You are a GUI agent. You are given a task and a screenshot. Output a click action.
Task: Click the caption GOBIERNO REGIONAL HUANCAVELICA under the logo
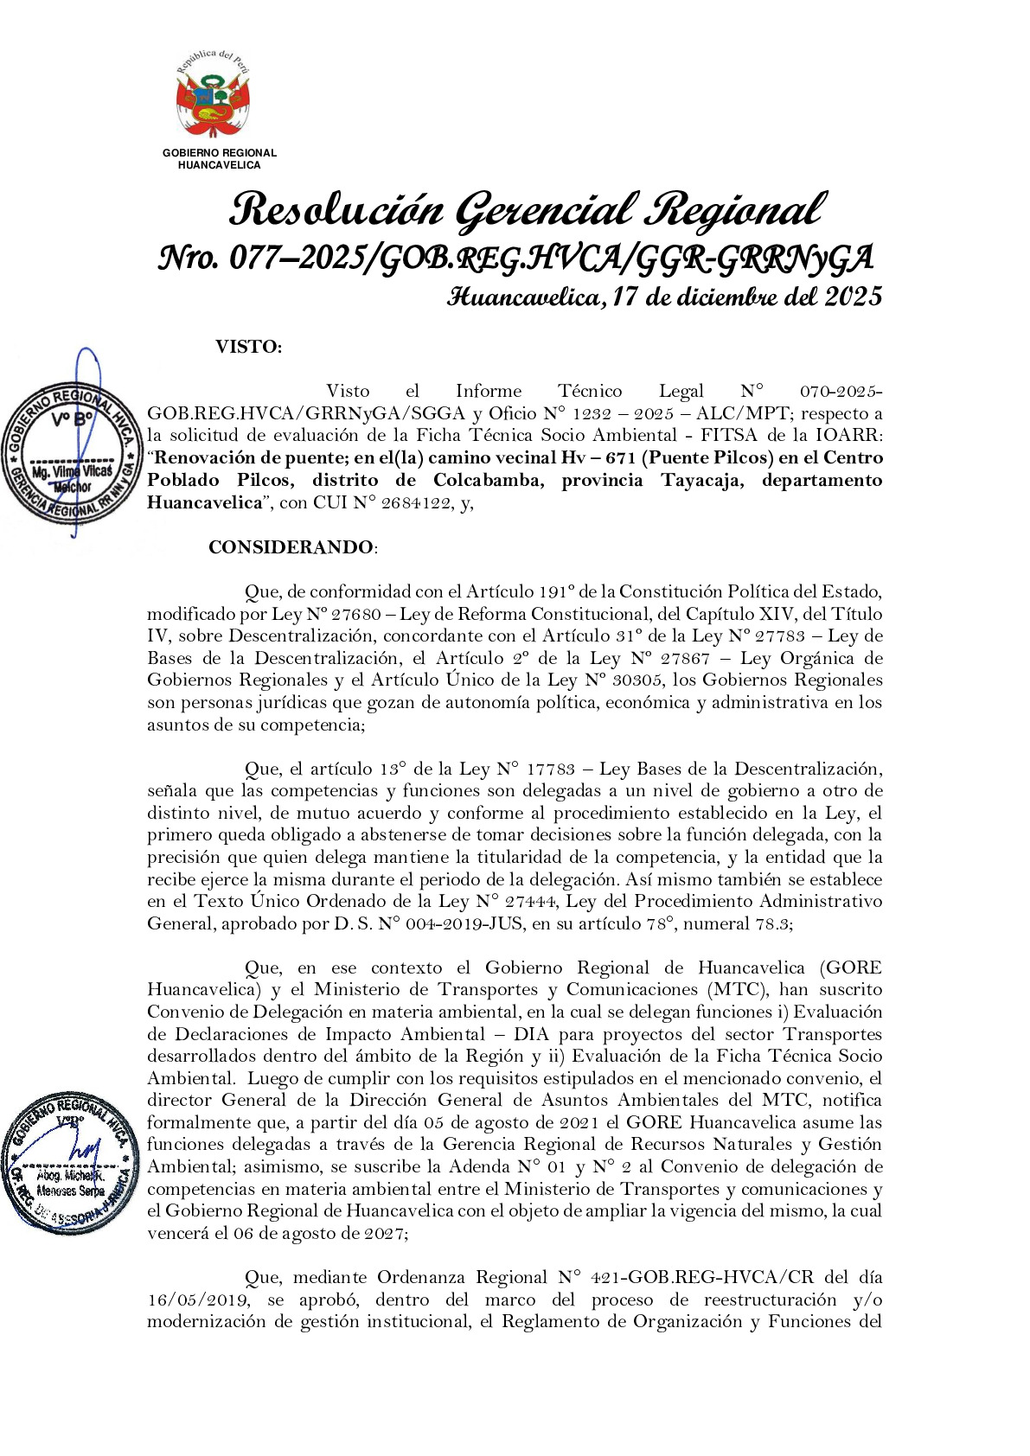coord(219,158)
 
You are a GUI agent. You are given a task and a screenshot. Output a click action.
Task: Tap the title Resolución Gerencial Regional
coord(526,210)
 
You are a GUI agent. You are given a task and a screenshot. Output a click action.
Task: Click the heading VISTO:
coord(248,348)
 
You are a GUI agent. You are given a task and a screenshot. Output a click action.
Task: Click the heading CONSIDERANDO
coord(291,547)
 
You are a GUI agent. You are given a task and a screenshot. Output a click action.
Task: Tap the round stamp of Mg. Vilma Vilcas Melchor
coord(71,453)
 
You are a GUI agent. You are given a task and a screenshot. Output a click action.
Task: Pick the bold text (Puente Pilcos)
coord(709,457)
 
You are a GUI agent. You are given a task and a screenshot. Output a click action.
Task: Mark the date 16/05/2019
coord(198,1300)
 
